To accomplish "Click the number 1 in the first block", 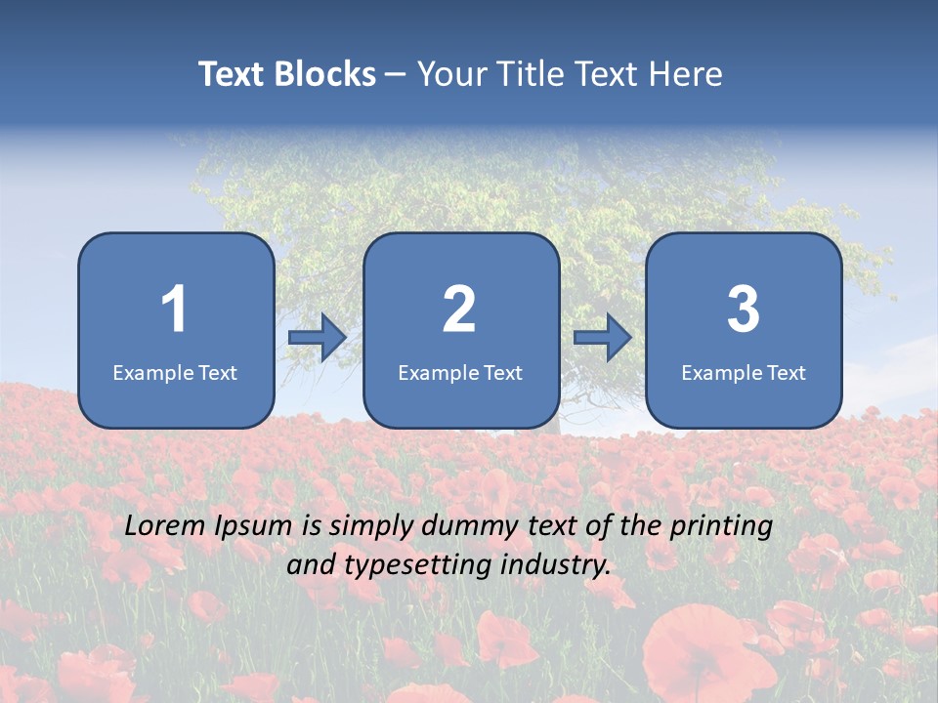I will click(x=175, y=310).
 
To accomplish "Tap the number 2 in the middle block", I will click(x=459, y=310).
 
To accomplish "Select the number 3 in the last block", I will click(x=744, y=310).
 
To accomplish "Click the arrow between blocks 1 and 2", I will click(x=318, y=338).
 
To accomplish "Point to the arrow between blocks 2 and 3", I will click(x=603, y=338).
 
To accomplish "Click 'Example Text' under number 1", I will click(x=175, y=373).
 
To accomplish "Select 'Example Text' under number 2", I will click(x=460, y=373).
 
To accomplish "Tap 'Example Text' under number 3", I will click(x=744, y=373).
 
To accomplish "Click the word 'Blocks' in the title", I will click(x=325, y=74).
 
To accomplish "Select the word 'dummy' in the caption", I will click(x=464, y=526).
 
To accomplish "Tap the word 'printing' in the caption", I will click(x=721, y=527).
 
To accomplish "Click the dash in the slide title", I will click(x=397, y=75).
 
